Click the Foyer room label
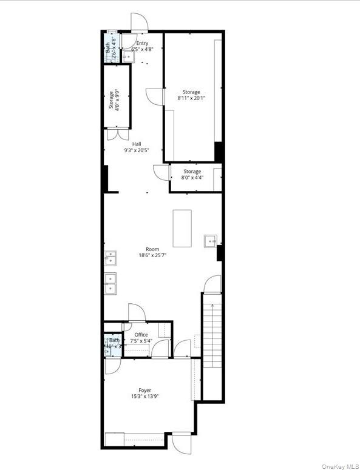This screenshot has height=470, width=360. [x=144, y=390]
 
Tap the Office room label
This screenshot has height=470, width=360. [x=141, y=334]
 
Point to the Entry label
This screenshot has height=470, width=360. [x=142, y=43]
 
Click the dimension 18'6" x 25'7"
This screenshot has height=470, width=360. [x=152, y=255]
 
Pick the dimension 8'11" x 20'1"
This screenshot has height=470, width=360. [x=191, y=98]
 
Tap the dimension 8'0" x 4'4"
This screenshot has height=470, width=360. [x=192, y=178]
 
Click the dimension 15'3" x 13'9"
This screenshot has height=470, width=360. [x=144, y=397]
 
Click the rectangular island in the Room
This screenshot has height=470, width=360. [x=182, y=228]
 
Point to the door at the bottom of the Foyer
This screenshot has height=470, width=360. [x=181, y=442]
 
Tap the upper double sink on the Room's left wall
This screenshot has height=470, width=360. [x=111, y=258]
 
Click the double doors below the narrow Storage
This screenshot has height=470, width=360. [x=117, y=135]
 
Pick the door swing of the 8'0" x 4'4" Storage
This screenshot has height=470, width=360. [x=161, y=172]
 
